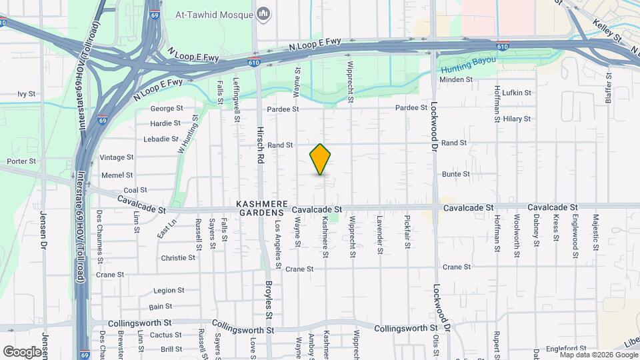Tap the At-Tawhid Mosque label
(x=214, y=13)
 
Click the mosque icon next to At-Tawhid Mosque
(x=264, y=13)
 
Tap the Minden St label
(x=457, y=79)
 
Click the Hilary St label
(x=517, y=119)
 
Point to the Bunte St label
(x=456, y=174)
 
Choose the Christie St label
(x=177, y=257)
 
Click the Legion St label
(x=169, y=291)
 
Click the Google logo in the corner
(x=22, y=351)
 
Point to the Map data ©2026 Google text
(x=598, y=355)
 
